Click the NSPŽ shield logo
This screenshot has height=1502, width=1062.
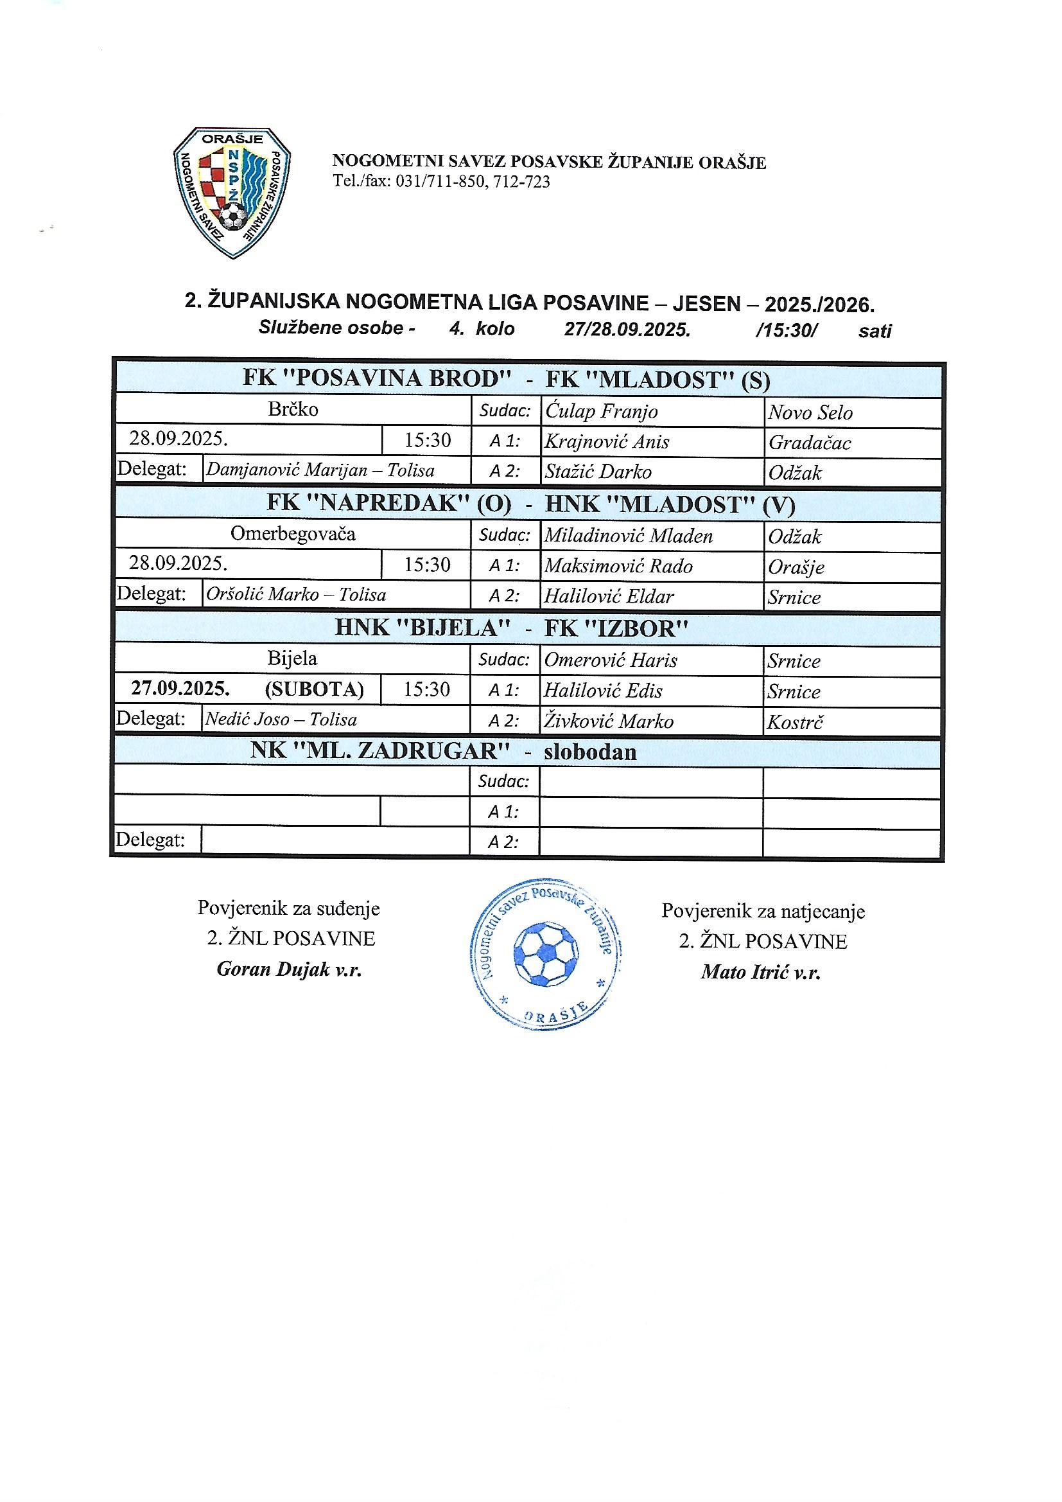(x=232, y=191)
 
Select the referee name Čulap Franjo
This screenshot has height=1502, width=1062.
(x=601, y=412)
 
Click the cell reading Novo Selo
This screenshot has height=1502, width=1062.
(x=810, y=413)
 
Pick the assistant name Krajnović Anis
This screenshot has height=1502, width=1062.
(x=607, y=442)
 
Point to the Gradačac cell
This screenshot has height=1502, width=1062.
(x=810, y=443)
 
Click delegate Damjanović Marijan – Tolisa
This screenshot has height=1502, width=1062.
(x=320, y=470)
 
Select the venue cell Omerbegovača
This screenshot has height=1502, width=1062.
(x=292, y=534)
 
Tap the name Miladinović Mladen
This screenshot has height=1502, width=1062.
(x=628, y=536)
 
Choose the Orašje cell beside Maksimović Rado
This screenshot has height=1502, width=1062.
(x=796, y=567)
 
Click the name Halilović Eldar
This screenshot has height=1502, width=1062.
(x=609, y=597)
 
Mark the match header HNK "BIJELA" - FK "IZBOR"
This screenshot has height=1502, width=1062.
(x=511, y=628)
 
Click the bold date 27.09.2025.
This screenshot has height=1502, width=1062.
(x=180, y=688)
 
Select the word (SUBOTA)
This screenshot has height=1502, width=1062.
(x=314, y=689)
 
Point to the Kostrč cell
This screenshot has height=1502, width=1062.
(x=794, y=722)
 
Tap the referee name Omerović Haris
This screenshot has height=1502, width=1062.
(x=610, y=660)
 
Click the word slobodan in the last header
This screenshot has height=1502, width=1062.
(x=590, y=752)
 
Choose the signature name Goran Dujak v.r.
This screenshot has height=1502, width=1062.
(x=289, y=969)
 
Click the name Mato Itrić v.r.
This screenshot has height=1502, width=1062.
(x=760, y=972)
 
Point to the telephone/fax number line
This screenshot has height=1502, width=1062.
(x=441, y=181)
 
